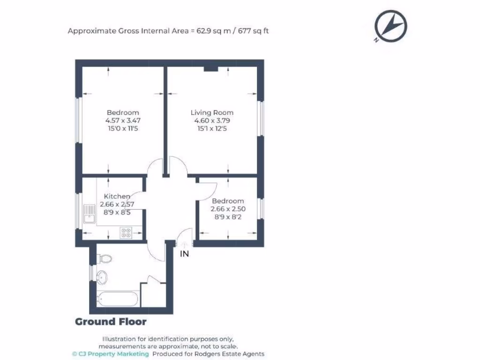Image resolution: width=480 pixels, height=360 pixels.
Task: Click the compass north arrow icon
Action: click(x=390, y=26)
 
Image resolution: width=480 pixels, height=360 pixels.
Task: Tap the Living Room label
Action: click(x=211, y=112)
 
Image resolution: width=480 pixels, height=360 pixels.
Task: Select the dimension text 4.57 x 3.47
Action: click(x=122, y=120)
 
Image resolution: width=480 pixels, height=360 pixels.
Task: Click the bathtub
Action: click(x=118, y=298)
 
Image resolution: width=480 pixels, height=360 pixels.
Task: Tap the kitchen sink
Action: click(x=89, y=215)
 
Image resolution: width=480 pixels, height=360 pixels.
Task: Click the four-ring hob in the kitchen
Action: click(x=126, y=232)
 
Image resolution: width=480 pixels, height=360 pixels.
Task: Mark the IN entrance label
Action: click(x=185, y=254)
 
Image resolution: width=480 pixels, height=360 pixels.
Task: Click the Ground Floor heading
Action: click(x=111, y=322)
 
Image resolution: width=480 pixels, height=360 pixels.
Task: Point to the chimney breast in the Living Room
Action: click(x=211, y=69)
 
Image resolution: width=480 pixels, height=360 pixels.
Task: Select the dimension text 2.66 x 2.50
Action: click(x=228, y=209)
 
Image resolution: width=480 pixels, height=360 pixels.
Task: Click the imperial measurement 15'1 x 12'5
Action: click(x=211, y=128)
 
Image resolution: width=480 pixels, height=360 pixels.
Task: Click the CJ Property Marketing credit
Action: click(x=111, y=354)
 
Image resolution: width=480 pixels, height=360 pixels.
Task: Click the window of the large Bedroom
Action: click(x=78, y=120)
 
